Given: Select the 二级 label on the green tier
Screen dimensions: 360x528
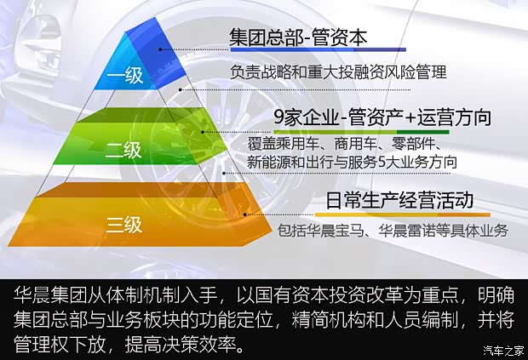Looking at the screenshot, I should [x=123, y=151].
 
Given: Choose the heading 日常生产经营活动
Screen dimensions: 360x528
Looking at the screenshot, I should [x=399, y=201].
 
